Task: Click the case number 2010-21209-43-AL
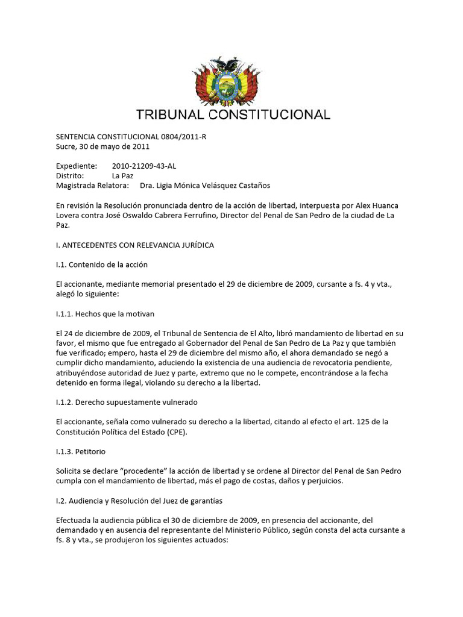coord(144,166)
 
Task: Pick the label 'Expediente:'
coord(77,166)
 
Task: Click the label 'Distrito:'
coord(71,175)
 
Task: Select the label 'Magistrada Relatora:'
coord(93,185)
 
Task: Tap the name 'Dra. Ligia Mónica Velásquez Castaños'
coord(205,185)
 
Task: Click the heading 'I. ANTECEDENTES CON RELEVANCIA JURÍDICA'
coord(134,245)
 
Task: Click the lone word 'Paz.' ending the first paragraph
coord(63,225)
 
